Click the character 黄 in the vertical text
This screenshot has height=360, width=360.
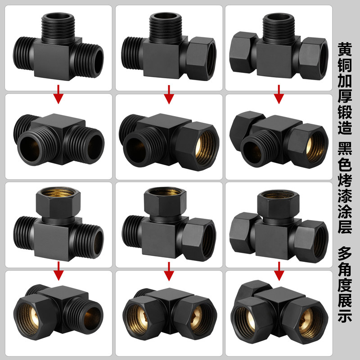345,49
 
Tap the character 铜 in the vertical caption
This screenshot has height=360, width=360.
345,64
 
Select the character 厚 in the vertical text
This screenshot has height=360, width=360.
345,96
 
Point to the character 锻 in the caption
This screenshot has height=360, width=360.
345,111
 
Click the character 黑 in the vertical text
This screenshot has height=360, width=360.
345,148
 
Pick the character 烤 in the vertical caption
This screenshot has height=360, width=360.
345,180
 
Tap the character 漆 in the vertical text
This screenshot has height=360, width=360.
345,195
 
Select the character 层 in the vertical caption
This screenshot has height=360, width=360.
345,227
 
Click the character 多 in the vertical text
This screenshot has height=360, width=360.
345,253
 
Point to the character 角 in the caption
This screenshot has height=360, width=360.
345,269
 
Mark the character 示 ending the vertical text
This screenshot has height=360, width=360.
345,316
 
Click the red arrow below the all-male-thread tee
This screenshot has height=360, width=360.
58,94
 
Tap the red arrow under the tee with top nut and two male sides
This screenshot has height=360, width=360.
58,271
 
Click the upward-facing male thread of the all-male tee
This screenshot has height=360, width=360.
58,28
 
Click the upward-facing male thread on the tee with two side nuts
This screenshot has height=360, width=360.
279,28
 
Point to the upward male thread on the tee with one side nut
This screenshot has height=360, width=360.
166,28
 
